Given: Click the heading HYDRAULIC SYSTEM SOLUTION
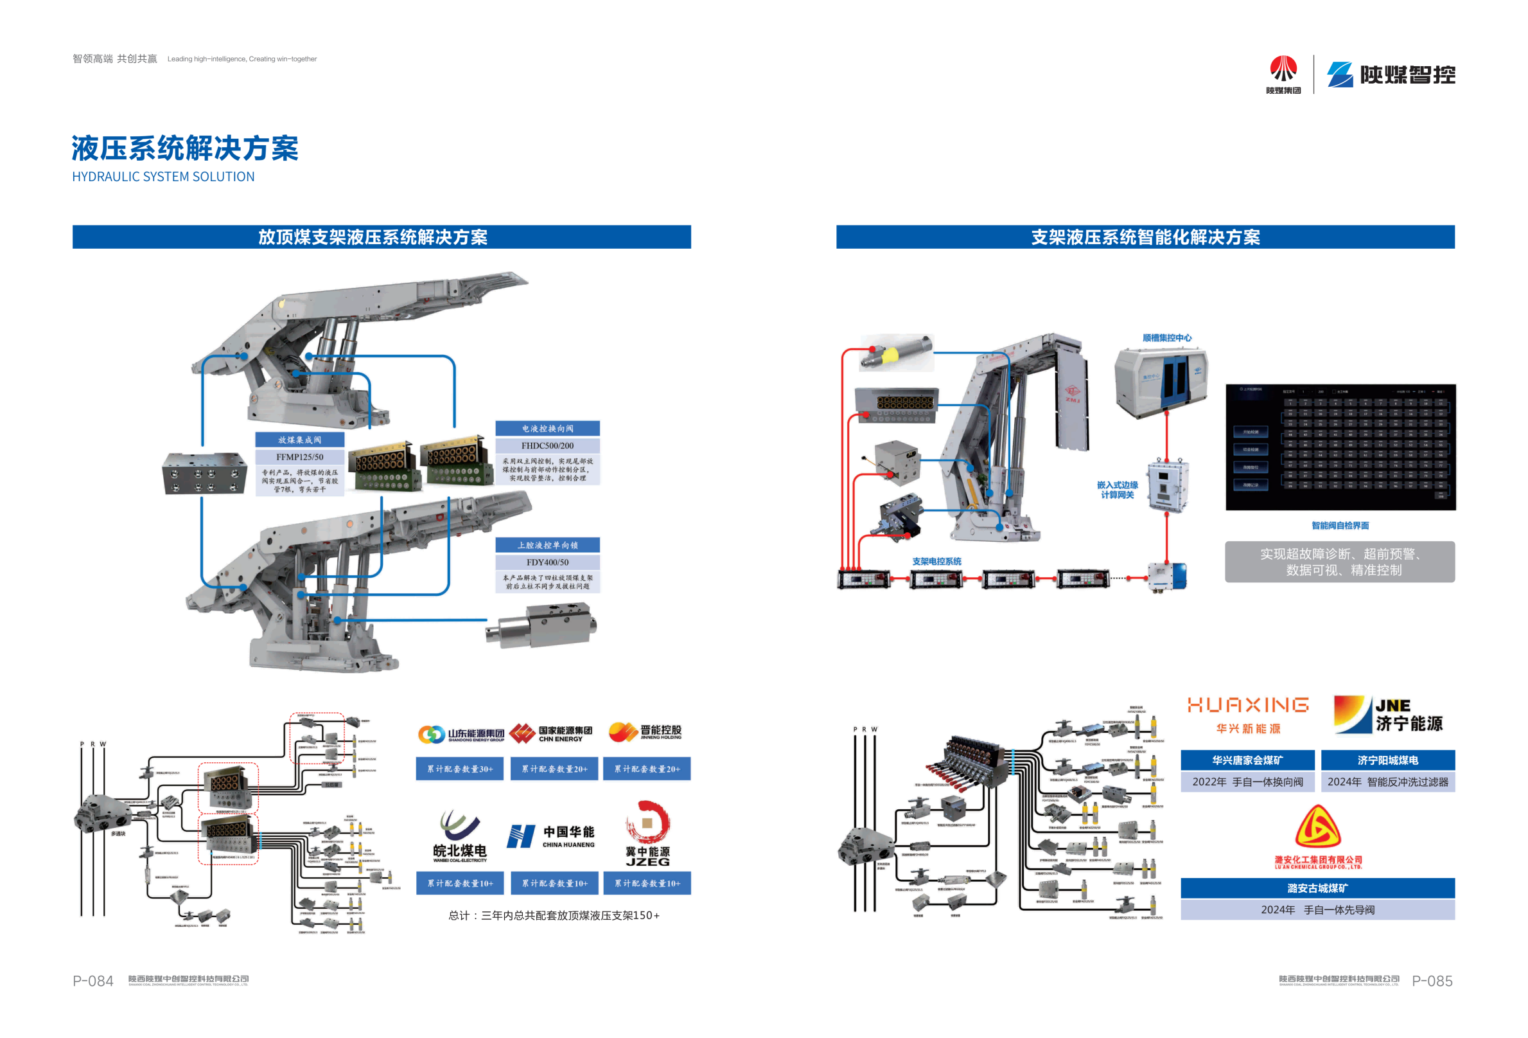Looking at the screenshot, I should coord(163,177).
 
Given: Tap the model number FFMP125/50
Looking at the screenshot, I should coord(299,456).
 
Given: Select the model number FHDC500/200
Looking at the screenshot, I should coord(547,445).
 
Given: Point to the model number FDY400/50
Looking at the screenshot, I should coord(547,562).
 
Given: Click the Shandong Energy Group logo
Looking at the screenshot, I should coord(461,734).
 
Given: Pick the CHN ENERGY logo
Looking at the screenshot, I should coord(551,733).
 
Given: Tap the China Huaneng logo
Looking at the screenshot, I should coord(551,836).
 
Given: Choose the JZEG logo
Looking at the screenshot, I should coord(647,834).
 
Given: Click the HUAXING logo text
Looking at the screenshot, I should coord(1247,705).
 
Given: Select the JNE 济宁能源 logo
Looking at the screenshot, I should coord(1388,714).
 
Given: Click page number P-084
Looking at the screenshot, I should coord(92,981).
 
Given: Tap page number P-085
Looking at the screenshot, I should coord(1432,981).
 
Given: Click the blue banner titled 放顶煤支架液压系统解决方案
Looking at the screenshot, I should coord(382,237).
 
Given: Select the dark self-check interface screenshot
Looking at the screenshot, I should coord(1340,447).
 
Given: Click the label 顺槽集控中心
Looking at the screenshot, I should coord(1166,338).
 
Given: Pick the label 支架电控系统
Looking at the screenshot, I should coord(936,561).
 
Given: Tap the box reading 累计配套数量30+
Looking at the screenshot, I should coord(460,768).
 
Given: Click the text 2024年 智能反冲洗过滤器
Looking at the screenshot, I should coord(1387,782).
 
